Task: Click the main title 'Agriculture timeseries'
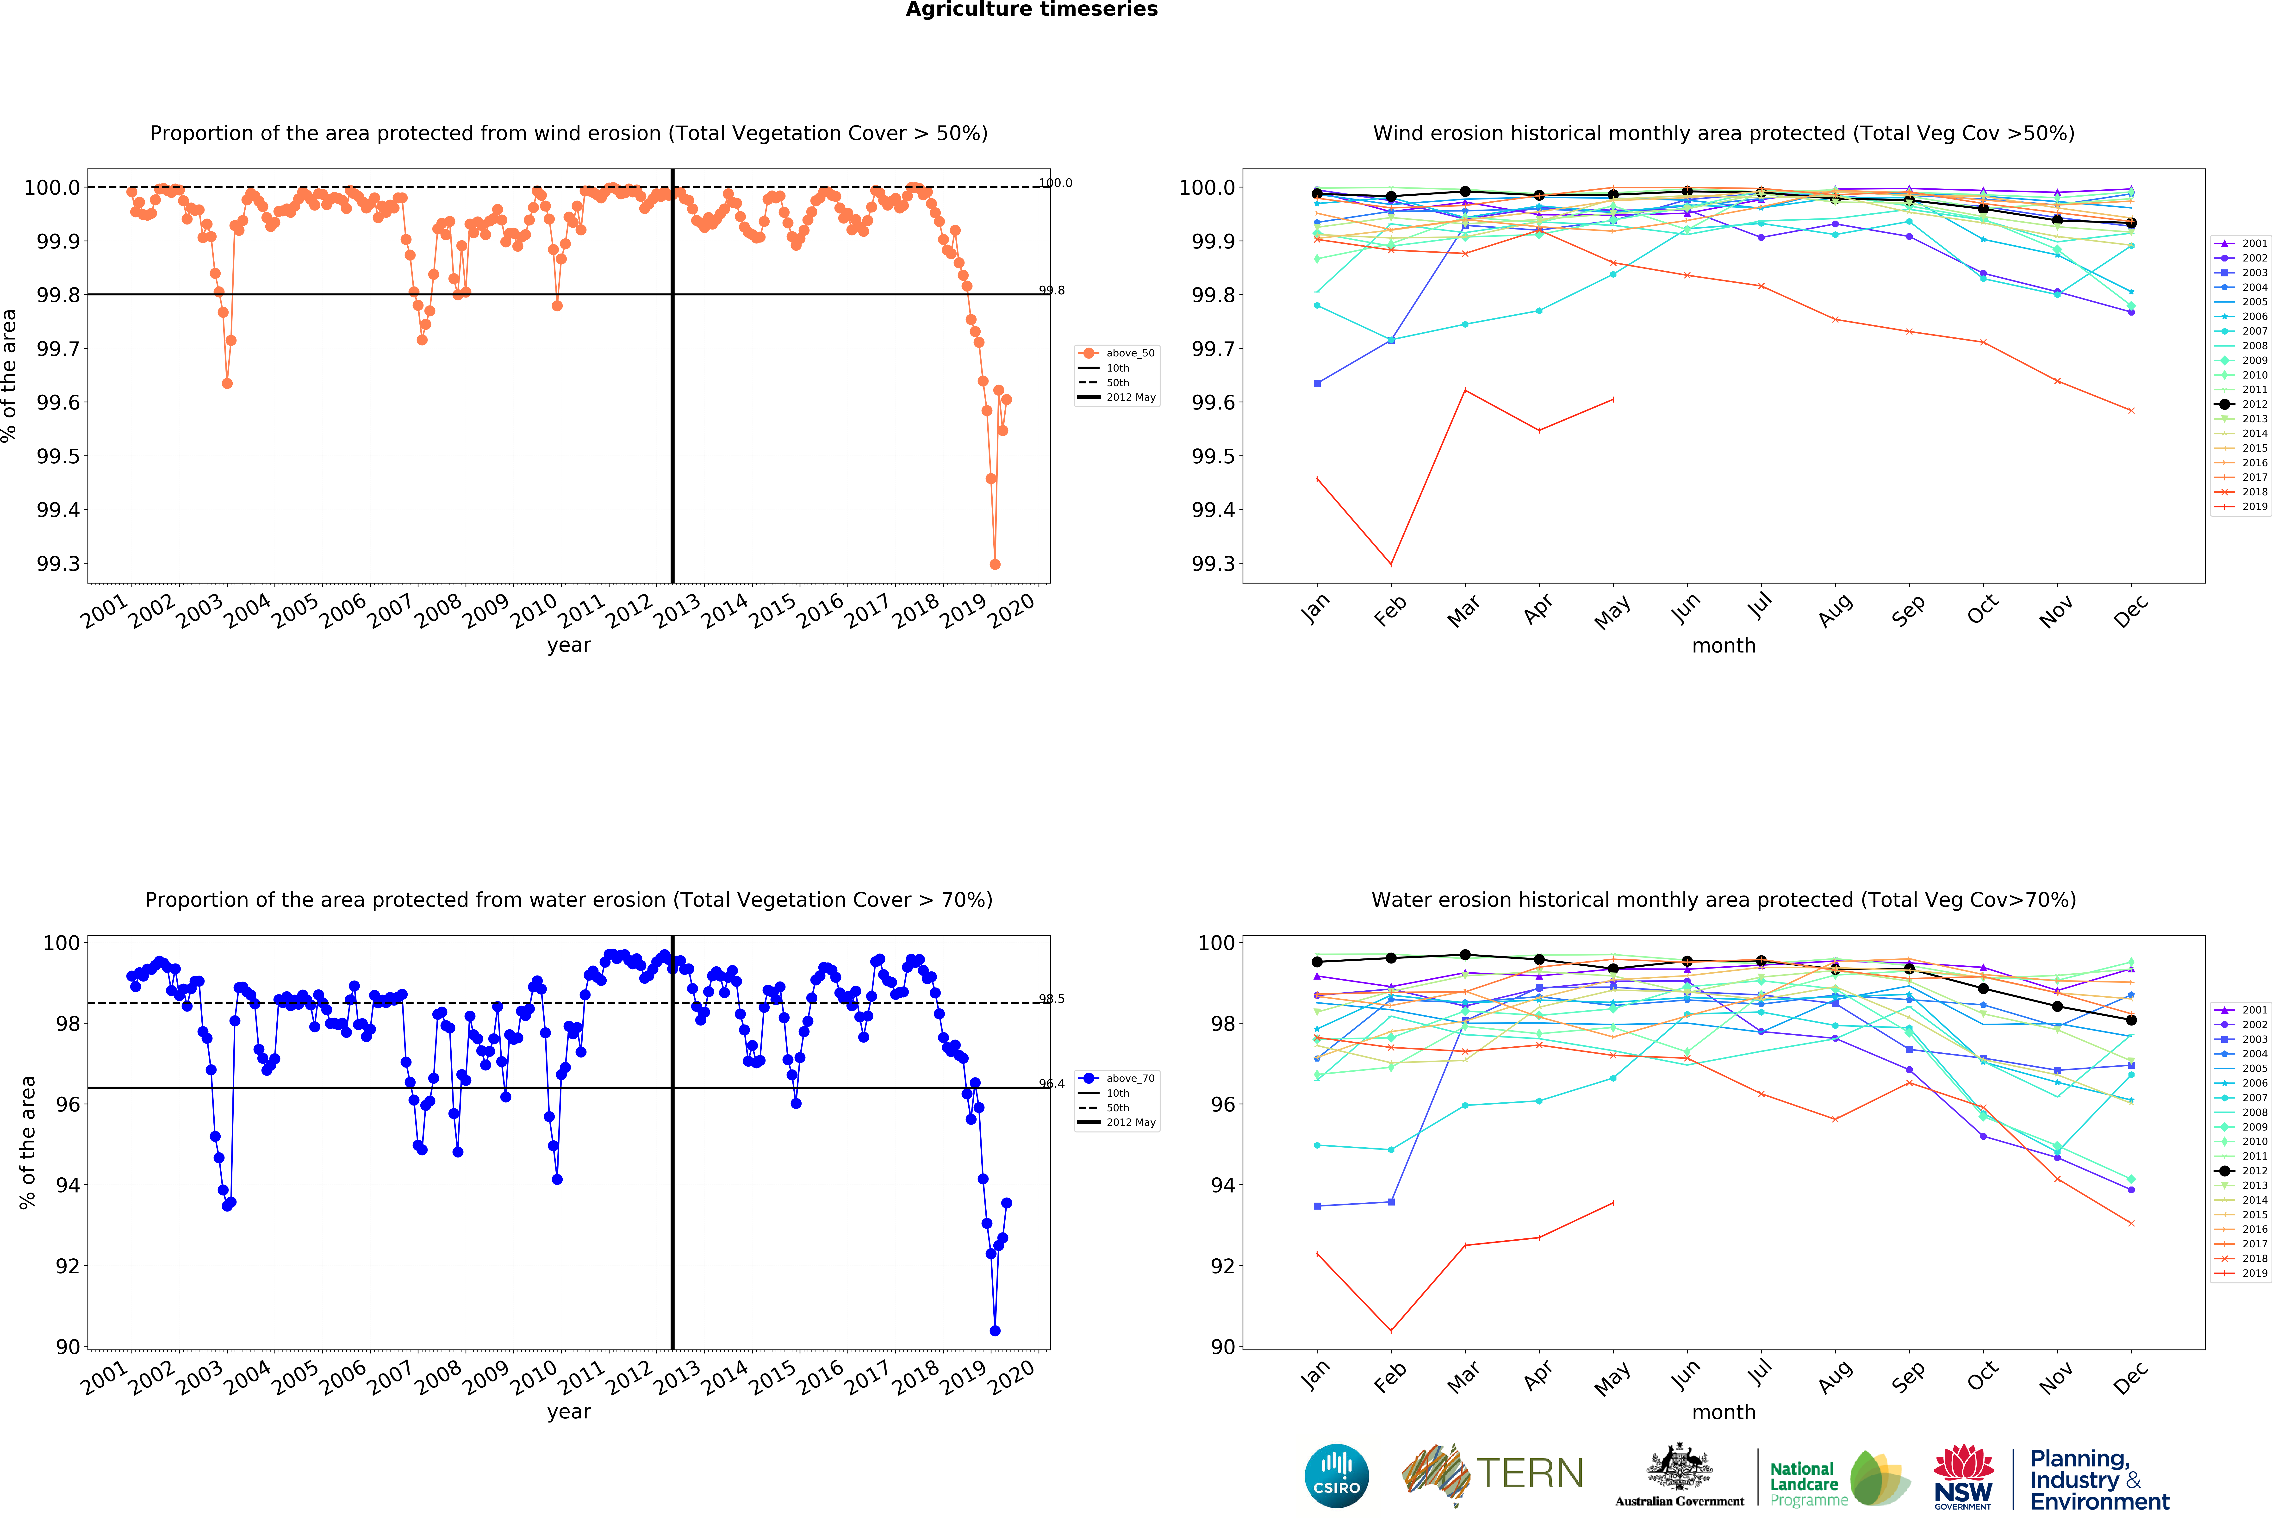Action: (x=1031, y=10)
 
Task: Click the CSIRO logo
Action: (x=1336, y=1476)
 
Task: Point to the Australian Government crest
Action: (x=1679, y=1467)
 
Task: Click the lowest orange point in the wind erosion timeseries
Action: (x=995, y=564)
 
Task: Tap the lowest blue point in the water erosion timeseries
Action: (x=995, y=1331)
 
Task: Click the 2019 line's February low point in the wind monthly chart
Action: (x=1391, y=564)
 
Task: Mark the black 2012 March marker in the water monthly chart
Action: (x=1464, y=955)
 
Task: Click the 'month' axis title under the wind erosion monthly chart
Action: (x=1724, y=645)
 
